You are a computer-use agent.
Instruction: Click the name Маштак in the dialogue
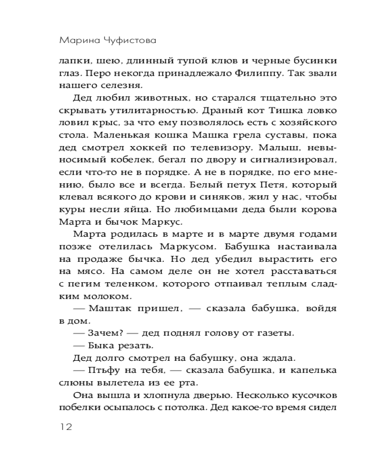pos(113,308)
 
